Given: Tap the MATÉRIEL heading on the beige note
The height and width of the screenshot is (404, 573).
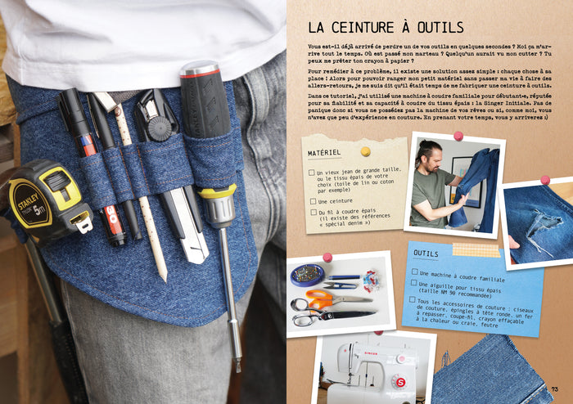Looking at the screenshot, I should coord(325,153).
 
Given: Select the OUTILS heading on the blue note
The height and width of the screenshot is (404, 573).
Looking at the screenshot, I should coord(426,254).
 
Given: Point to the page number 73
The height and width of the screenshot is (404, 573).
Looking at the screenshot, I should coord(555,388).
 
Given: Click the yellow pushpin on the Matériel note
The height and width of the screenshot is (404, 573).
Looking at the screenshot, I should coord(365,151).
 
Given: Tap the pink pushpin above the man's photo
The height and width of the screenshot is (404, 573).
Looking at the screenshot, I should coord(458,136).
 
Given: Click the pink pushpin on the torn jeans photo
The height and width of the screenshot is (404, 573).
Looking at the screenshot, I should coord(544,180).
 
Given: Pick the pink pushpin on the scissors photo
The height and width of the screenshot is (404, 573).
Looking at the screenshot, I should coord(327,258).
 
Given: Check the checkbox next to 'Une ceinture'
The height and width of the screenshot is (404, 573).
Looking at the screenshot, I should coord(312,200).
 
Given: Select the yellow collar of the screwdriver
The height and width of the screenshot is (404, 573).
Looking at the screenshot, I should coord(218,194).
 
